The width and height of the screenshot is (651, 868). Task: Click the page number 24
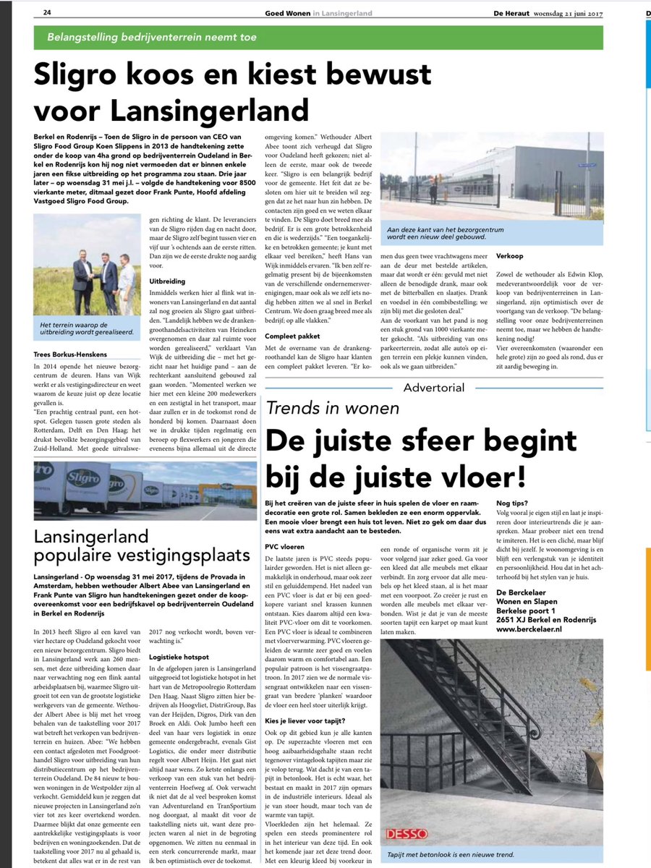point(47,12)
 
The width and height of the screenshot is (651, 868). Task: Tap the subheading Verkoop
point(509,256)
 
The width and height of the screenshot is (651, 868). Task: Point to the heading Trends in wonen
point(332,408)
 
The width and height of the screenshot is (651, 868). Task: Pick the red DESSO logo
point(407,833)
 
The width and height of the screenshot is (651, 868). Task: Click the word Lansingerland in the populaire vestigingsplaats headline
point(96,537)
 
